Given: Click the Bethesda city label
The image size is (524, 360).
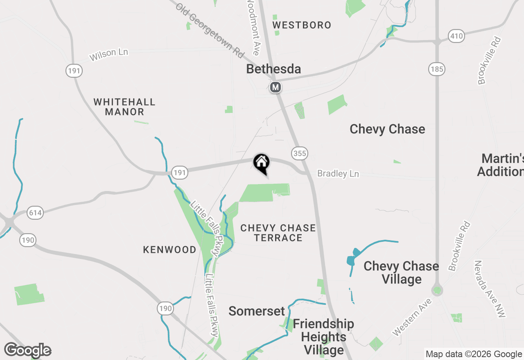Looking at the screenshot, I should point(273,69).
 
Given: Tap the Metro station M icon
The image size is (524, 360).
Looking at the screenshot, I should point(276,87).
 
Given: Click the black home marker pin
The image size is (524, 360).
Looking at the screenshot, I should point(261,163).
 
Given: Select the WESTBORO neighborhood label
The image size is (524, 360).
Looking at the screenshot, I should point(302,25).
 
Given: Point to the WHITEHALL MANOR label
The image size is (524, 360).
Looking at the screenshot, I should point(124,107).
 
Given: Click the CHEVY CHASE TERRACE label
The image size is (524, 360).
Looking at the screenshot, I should point(278,233).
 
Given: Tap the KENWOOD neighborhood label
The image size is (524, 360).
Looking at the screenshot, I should point(169,250).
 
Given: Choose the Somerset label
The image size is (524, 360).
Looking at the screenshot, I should point(256,311).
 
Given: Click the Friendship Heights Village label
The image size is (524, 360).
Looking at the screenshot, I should point(323,337).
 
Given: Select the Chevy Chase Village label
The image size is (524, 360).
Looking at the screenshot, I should point(401,272).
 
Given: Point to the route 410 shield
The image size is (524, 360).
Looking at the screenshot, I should point(456,36).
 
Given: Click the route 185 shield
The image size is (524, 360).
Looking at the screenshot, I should point(437,69).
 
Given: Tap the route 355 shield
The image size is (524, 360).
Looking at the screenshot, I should point(299,153).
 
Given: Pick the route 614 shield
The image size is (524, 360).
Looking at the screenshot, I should point(36,213).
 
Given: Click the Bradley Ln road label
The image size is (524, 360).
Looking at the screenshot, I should point(338,174).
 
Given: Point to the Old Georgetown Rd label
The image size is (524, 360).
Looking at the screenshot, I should point(210,31).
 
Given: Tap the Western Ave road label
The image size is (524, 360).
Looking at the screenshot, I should point(411,317).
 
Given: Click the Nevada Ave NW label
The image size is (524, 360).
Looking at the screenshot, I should point(490,289).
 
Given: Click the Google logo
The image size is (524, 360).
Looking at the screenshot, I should point(27,351).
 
